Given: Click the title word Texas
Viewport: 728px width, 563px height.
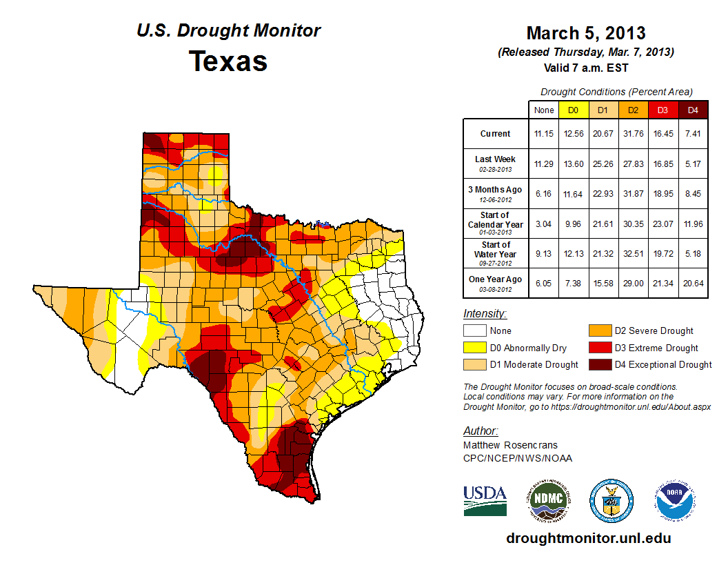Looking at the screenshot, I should (x=228, y=61).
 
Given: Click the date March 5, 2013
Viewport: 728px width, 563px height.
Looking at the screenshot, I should (x=585, y=33).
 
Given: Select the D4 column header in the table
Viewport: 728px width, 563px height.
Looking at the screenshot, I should (x=694, y=110).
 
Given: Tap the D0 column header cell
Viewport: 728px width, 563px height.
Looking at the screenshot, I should (x=573, y=110).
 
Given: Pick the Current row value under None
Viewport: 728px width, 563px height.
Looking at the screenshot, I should (x=543, y=134).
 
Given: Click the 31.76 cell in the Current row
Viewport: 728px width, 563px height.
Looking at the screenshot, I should (x=633, y=134).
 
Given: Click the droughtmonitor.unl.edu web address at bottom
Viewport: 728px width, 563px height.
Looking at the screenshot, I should (x=588, y=538).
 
